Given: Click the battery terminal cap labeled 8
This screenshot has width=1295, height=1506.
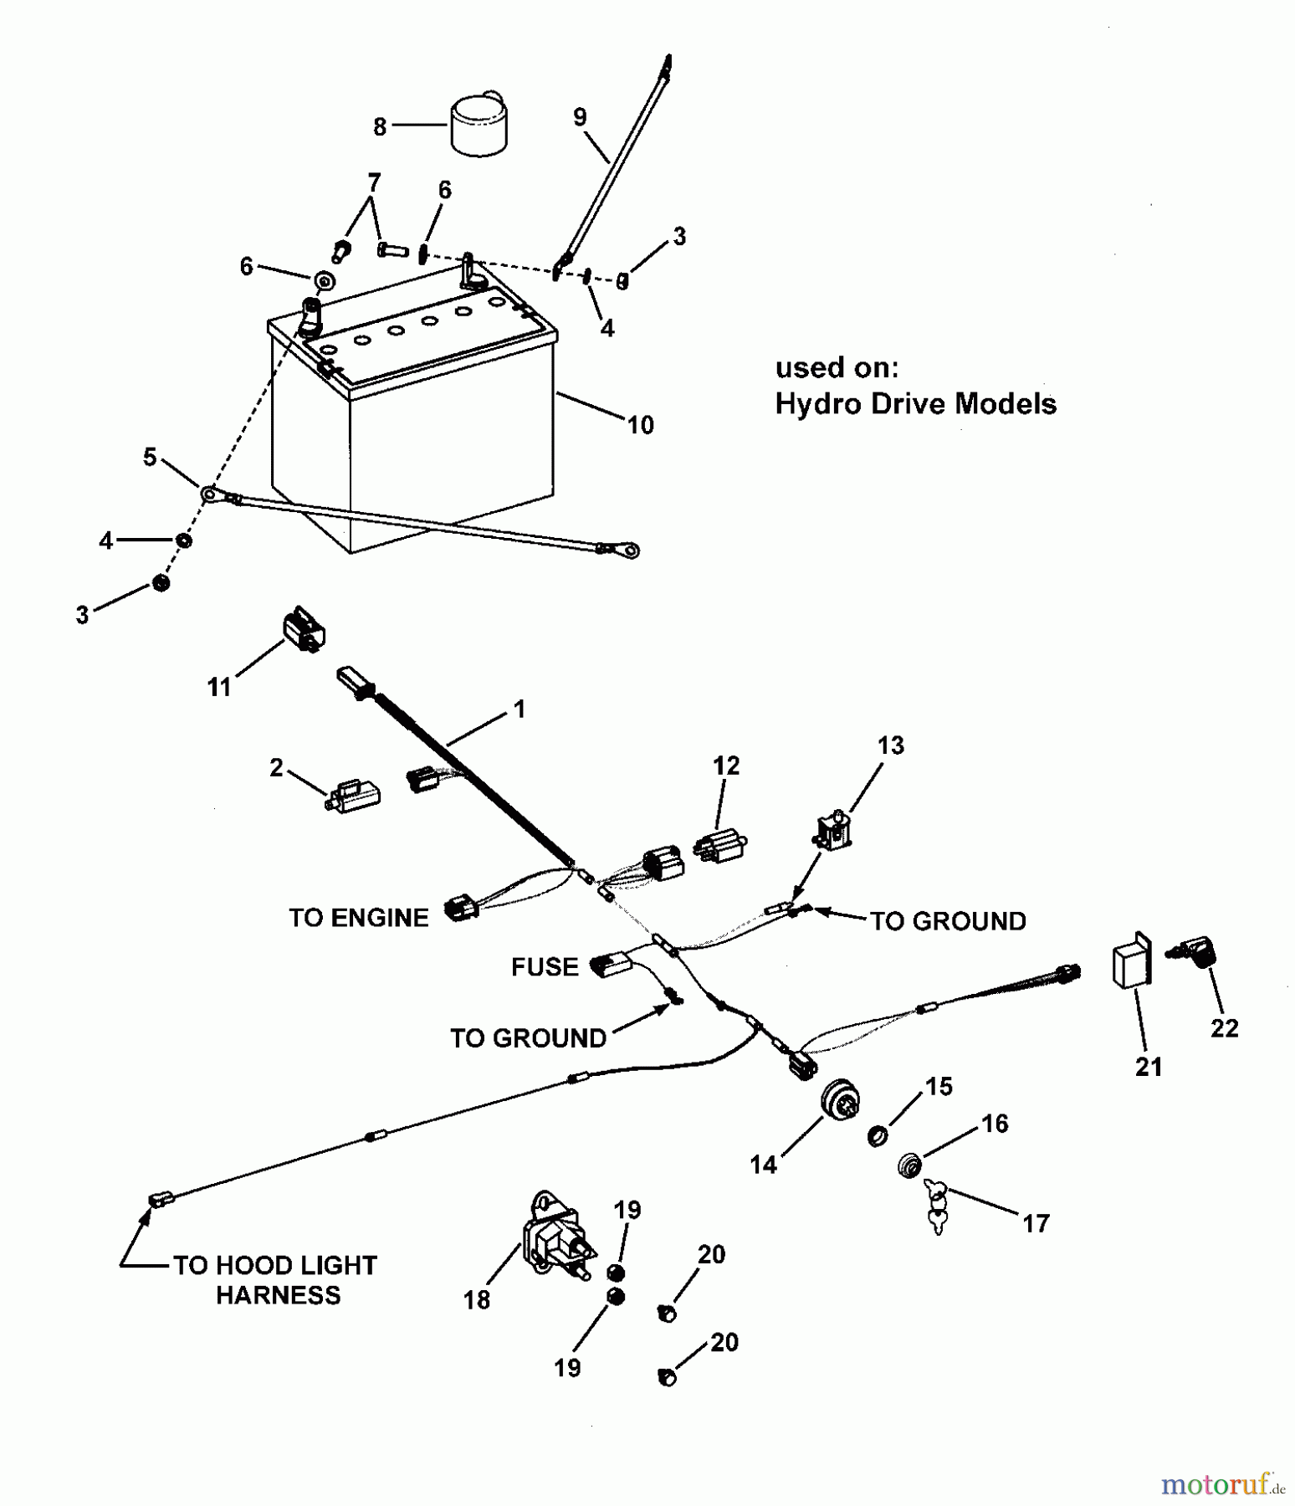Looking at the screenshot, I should coord(479,125).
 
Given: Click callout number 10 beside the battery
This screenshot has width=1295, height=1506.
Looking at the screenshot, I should coord(640,425).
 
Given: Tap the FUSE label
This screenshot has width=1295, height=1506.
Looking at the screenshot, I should coord(545,967).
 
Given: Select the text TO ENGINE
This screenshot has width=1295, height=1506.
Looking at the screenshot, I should coord(358,918).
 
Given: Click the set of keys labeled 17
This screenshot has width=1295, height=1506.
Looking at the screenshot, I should coord(936,1205).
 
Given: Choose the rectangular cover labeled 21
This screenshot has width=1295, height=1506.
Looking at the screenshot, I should coord(1131,961).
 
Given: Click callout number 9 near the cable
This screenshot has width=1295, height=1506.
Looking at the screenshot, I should coord(580,117).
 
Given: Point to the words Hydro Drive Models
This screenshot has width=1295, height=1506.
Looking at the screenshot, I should coord(915,403).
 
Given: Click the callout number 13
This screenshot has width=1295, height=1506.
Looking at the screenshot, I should coord(891,745).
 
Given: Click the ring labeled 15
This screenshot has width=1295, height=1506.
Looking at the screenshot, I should coord(878,1136).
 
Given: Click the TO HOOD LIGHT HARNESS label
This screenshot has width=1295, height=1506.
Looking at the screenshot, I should coord(276,1280).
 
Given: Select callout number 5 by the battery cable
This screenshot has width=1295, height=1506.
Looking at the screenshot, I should coord(150,457).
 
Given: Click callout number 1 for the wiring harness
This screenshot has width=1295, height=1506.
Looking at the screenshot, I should coord(520,709).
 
